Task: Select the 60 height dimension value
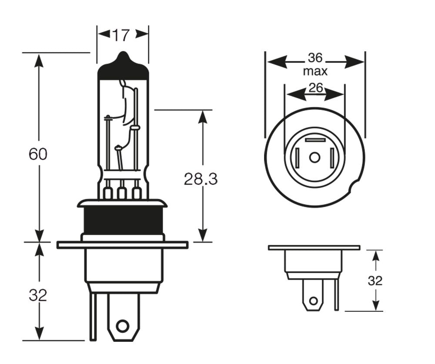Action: coord(38,154)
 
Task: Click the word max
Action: coord(315,71)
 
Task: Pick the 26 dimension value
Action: coord(316,88)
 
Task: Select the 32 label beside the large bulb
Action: coord(38,295)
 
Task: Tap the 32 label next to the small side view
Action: coord(375,281)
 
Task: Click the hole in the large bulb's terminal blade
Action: coord(123,326)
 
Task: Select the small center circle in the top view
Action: coord(315,157)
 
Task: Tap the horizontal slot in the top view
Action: coord(315,140)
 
